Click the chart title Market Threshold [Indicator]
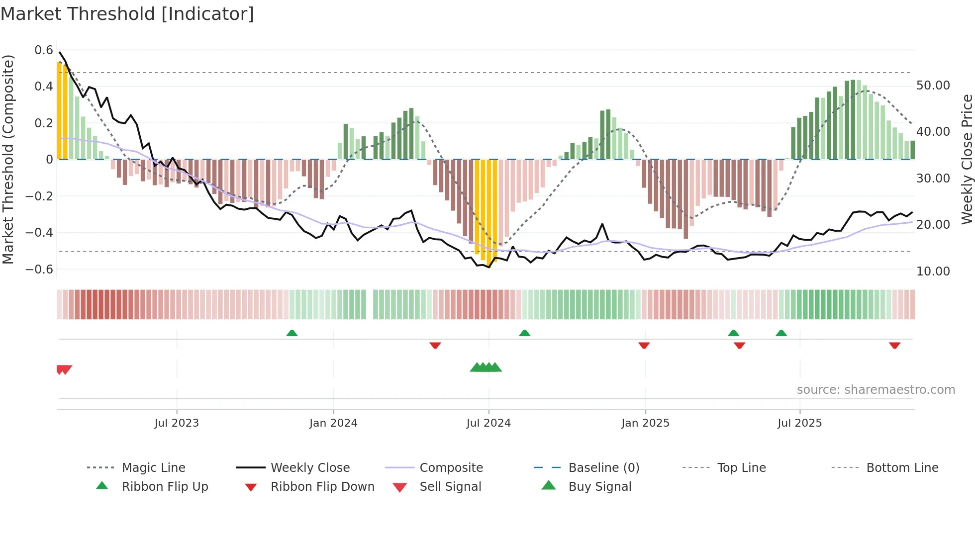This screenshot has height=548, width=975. [127, 14]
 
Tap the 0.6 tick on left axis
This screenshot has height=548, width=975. [44, 50]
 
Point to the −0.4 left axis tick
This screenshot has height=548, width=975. [40, 233]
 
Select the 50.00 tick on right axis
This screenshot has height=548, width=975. [933, 86]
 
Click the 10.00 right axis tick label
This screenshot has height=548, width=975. [933, 272]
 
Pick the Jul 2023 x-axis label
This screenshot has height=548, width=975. [177, 423]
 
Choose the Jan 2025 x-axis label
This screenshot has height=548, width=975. [645, 423]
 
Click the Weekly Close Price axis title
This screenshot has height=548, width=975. [967, 159]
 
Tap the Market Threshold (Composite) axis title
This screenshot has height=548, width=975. [8, 159]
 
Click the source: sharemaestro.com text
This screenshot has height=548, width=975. [876, 390]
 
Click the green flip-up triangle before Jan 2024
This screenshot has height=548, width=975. [292, 333]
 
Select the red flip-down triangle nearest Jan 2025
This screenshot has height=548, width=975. [644, 345]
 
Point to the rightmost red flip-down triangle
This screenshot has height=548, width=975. [894, 345]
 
